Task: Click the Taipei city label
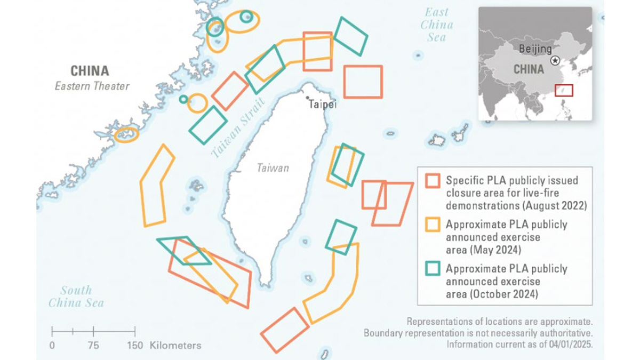coord(323,105)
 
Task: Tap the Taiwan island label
coord(273,168)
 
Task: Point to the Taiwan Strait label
coord(237,126)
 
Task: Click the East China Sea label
coord(436,25)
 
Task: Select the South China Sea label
coord(76,297)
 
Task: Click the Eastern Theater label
coord(92,86)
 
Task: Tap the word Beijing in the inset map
coord(535,49)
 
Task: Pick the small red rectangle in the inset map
coord(564,90)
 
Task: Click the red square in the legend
coord(432,181)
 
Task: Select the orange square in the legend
coord(432,225)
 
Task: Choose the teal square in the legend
coord(432,268)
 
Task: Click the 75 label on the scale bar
coord(93,346)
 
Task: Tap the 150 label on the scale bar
coord(135,346)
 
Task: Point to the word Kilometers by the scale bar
coord(175,346)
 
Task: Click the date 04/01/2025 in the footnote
coord(566,344)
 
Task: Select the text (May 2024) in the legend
coord(482,250)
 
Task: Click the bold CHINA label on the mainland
coord(90,71)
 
